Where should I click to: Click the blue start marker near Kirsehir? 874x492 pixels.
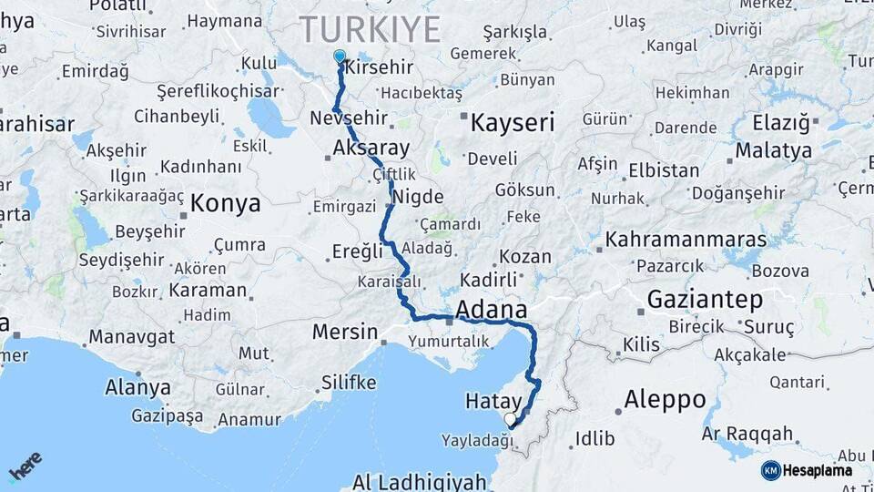click(340, 56)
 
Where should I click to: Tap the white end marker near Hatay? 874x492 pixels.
click(510, 419)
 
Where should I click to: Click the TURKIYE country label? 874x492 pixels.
click(370, 29)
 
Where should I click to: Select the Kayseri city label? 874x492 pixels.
click(512, 122)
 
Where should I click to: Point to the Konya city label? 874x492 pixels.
click(225, 202)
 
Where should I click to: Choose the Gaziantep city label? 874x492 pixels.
click(705, 299)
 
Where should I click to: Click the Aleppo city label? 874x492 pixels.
click(666, 399)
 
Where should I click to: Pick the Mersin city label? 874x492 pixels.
click(344, 332)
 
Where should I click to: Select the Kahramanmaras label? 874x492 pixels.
click(686, 240)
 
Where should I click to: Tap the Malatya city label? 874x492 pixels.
click(774, 149)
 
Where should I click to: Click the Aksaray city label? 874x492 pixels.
click(371, 148)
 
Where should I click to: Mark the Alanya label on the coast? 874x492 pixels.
click(137, 387)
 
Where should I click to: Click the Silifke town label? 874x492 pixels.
click(349, 383)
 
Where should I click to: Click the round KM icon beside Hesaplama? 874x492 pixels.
click(770, 470)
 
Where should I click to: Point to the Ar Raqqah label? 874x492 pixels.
click(747, 435)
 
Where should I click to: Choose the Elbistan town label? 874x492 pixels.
click(665, 169)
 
